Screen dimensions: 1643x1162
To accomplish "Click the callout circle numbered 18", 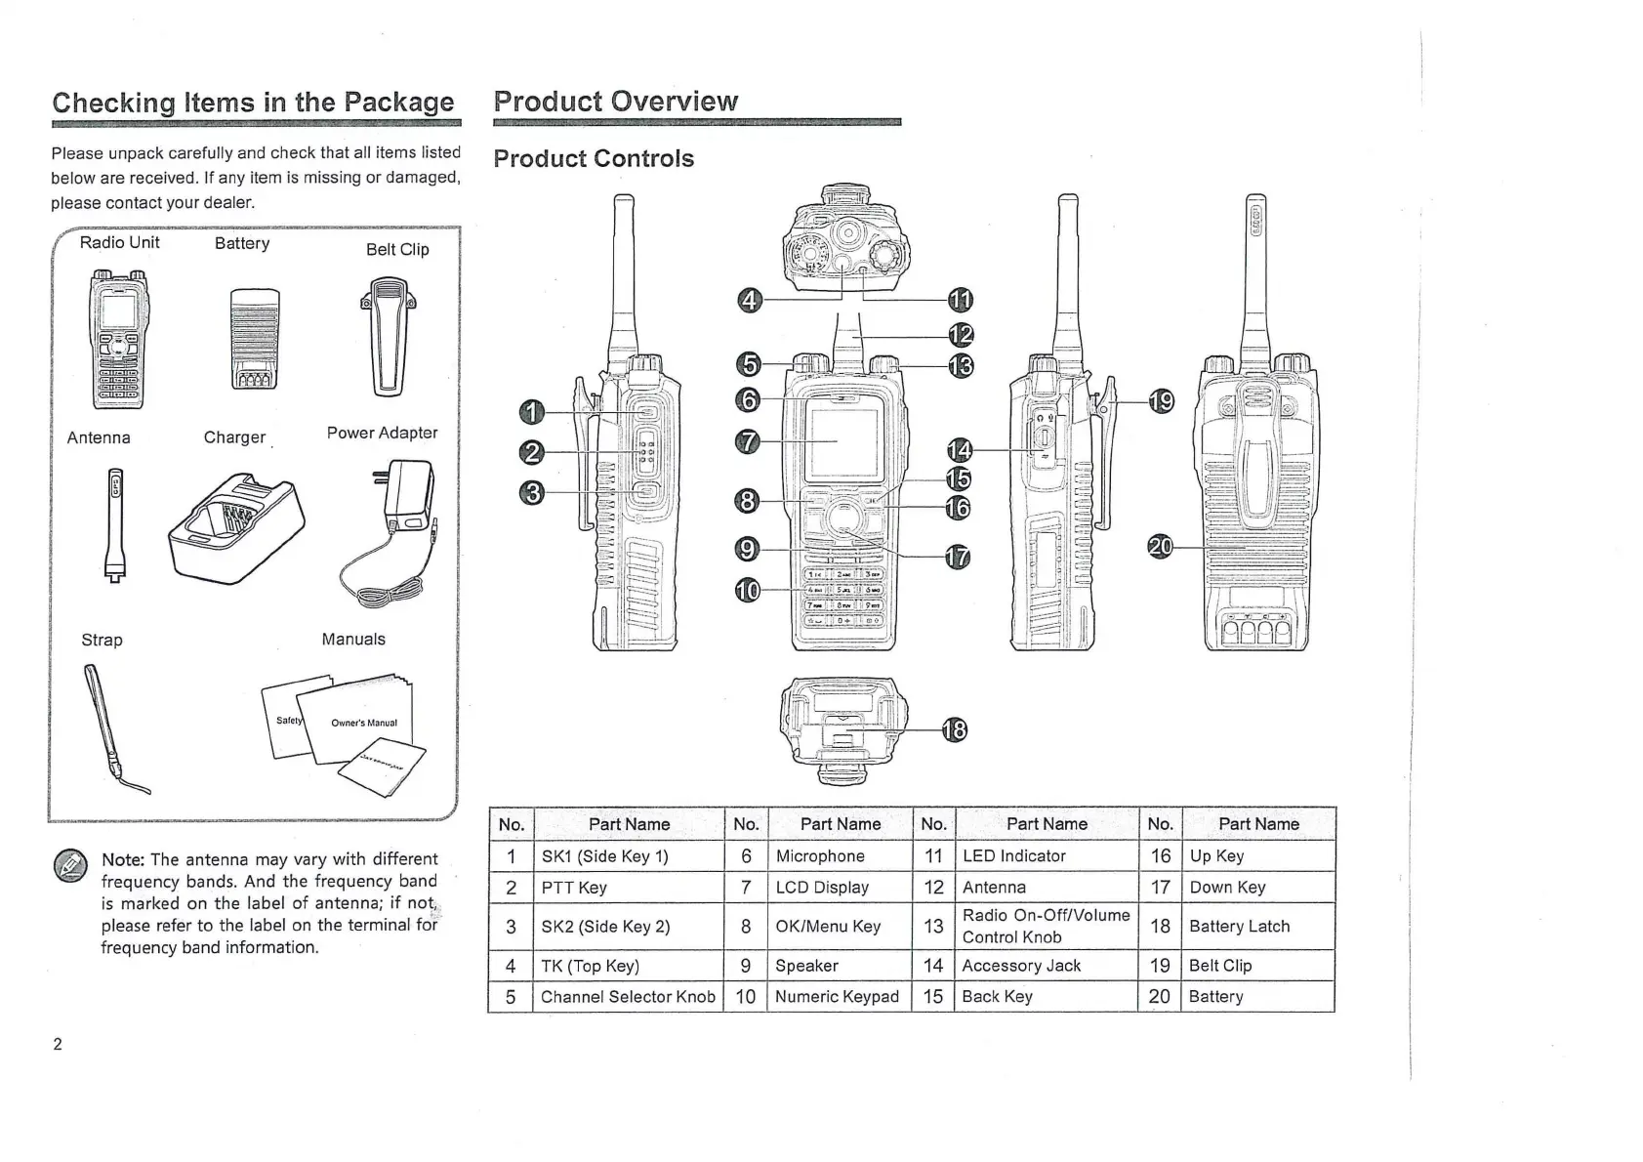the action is click(x=954, y=730).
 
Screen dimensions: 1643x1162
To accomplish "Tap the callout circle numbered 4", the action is click(x=750, y=300).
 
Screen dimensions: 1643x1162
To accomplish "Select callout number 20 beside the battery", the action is click(x=1161, y=547).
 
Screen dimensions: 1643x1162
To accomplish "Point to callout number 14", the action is click(x=961, y=450).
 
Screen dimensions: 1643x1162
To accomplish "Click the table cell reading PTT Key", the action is click(x=628, y=887).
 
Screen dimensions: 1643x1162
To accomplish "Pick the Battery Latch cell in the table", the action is click(x=1258, y=926).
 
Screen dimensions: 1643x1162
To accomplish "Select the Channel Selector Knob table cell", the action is click(x=628, y=996).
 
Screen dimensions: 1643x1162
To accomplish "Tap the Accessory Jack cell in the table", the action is click(x=1047, y=966).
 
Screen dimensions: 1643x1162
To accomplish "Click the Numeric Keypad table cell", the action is click(x=840, y=996).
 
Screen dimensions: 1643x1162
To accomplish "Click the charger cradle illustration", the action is click(x=236, y=528).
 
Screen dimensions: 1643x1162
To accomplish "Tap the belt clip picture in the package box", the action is click(x=388, y=337).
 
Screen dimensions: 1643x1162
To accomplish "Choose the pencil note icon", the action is click(x=70, y=865).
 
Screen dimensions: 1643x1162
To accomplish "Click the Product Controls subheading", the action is click(x=594, y=158).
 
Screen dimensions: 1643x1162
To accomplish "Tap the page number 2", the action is click(x=58, y=1044).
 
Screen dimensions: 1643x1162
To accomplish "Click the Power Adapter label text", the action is click(x=382, y=433).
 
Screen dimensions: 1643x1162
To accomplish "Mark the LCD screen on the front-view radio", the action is click(x=843, y=443).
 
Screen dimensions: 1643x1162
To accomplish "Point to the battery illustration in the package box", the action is click(x=255, y=338).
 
